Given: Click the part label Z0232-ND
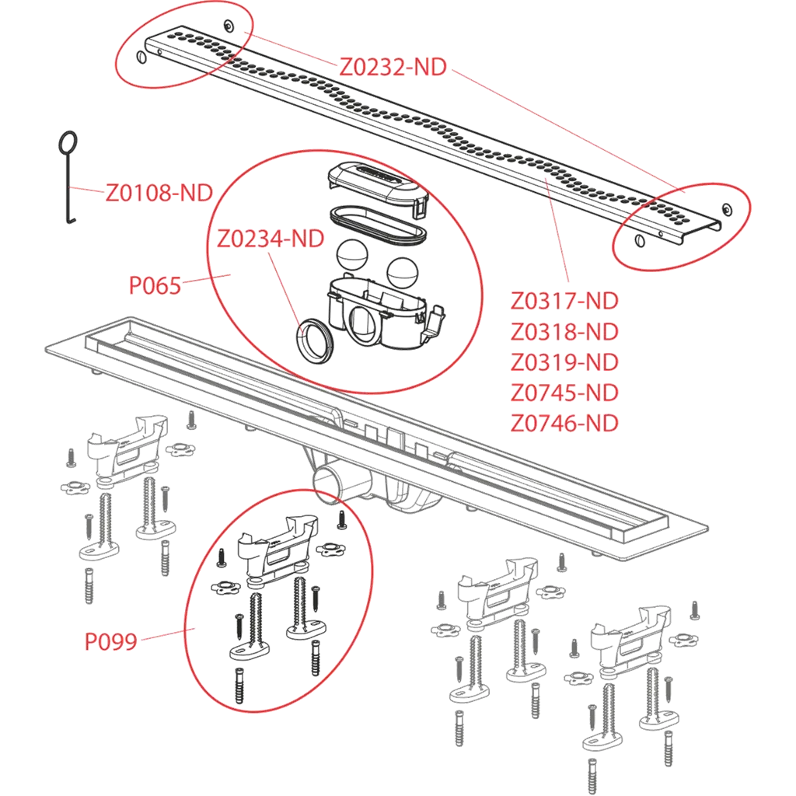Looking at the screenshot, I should coord(393,68).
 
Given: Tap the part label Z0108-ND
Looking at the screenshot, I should coord(159,193).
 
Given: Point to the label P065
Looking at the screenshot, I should coord(155,286).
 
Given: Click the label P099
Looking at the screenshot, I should coord(110,641).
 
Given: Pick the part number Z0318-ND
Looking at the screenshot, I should coord(564,332).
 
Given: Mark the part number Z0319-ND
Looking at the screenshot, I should coord(564,362).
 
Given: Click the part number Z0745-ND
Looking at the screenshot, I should coord(564,393).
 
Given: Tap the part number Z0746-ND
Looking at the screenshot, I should coord(564,423).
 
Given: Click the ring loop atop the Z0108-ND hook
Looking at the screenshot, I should coord(68,143).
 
